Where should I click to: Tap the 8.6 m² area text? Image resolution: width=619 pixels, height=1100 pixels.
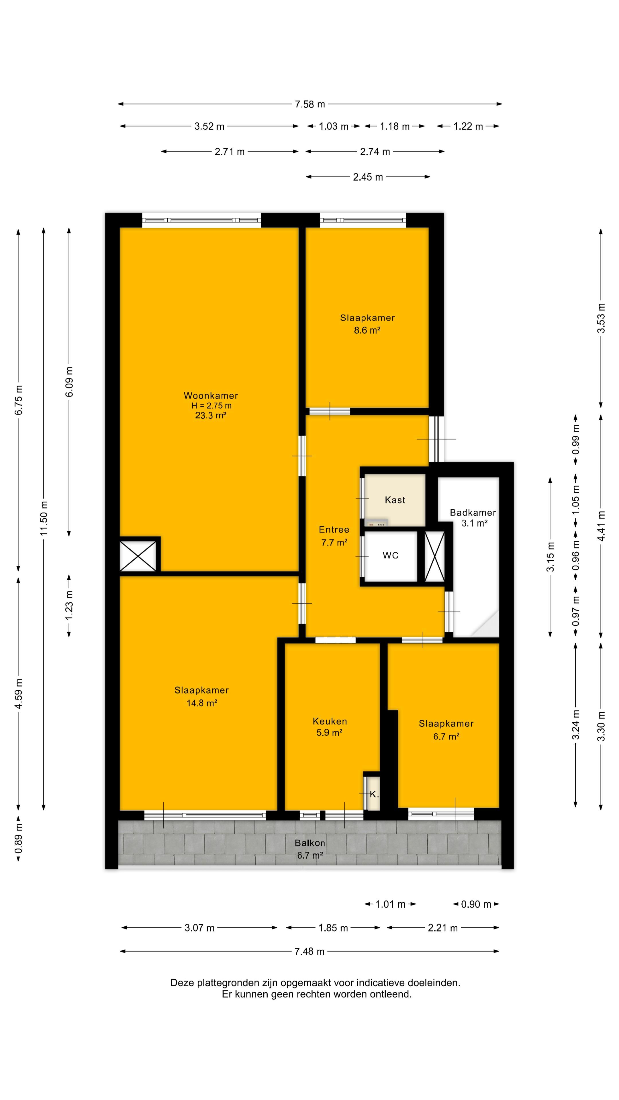367,330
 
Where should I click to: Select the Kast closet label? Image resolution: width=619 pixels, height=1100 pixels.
395,500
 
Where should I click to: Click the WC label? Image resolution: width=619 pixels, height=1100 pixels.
390,555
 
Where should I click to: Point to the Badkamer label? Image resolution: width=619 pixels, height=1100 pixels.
473,512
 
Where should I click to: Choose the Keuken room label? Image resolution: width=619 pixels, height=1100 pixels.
330,721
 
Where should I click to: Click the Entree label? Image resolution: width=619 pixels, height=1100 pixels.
334,529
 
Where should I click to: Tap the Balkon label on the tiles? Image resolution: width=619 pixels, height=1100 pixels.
310,843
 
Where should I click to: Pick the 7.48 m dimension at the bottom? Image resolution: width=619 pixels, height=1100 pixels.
309,951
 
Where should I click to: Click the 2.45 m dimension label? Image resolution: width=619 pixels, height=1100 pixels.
368,177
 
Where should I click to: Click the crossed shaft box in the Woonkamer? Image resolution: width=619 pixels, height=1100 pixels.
138,555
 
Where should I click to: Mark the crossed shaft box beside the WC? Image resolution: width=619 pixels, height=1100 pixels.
434,556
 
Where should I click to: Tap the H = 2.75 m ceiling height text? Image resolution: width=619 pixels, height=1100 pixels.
211,406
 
